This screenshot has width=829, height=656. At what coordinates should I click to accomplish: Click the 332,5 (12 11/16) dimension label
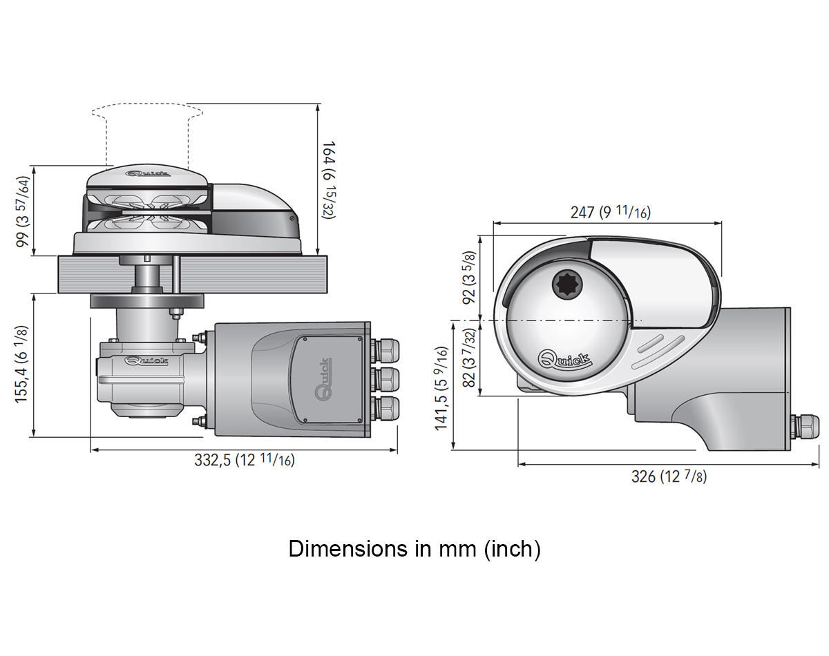pos(245,460)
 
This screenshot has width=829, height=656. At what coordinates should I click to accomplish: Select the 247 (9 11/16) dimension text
pos(611,211)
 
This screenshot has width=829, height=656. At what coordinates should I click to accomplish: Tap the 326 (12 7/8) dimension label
pos(669,477)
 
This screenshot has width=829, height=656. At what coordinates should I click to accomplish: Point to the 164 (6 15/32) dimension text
pos(330,180)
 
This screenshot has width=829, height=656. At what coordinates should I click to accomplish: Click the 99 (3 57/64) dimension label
pos(23,211)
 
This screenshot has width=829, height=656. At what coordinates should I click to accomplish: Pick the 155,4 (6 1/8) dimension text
pos(22,365)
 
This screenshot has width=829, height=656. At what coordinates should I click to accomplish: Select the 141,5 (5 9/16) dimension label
pos(441,388)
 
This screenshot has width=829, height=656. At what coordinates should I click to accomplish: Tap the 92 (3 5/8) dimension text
pos(469,278)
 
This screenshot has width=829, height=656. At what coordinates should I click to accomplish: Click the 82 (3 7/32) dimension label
pos(469,358)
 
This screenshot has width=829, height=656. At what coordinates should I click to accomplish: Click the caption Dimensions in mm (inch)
pos(414,549)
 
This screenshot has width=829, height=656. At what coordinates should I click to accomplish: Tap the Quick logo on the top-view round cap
pos(564,359)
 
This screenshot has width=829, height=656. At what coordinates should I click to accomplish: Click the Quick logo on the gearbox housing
pos(146,361)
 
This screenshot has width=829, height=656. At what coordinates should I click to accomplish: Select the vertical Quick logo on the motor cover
pos(323,379)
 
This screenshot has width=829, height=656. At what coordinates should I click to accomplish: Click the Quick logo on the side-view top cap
pos(148,174)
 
